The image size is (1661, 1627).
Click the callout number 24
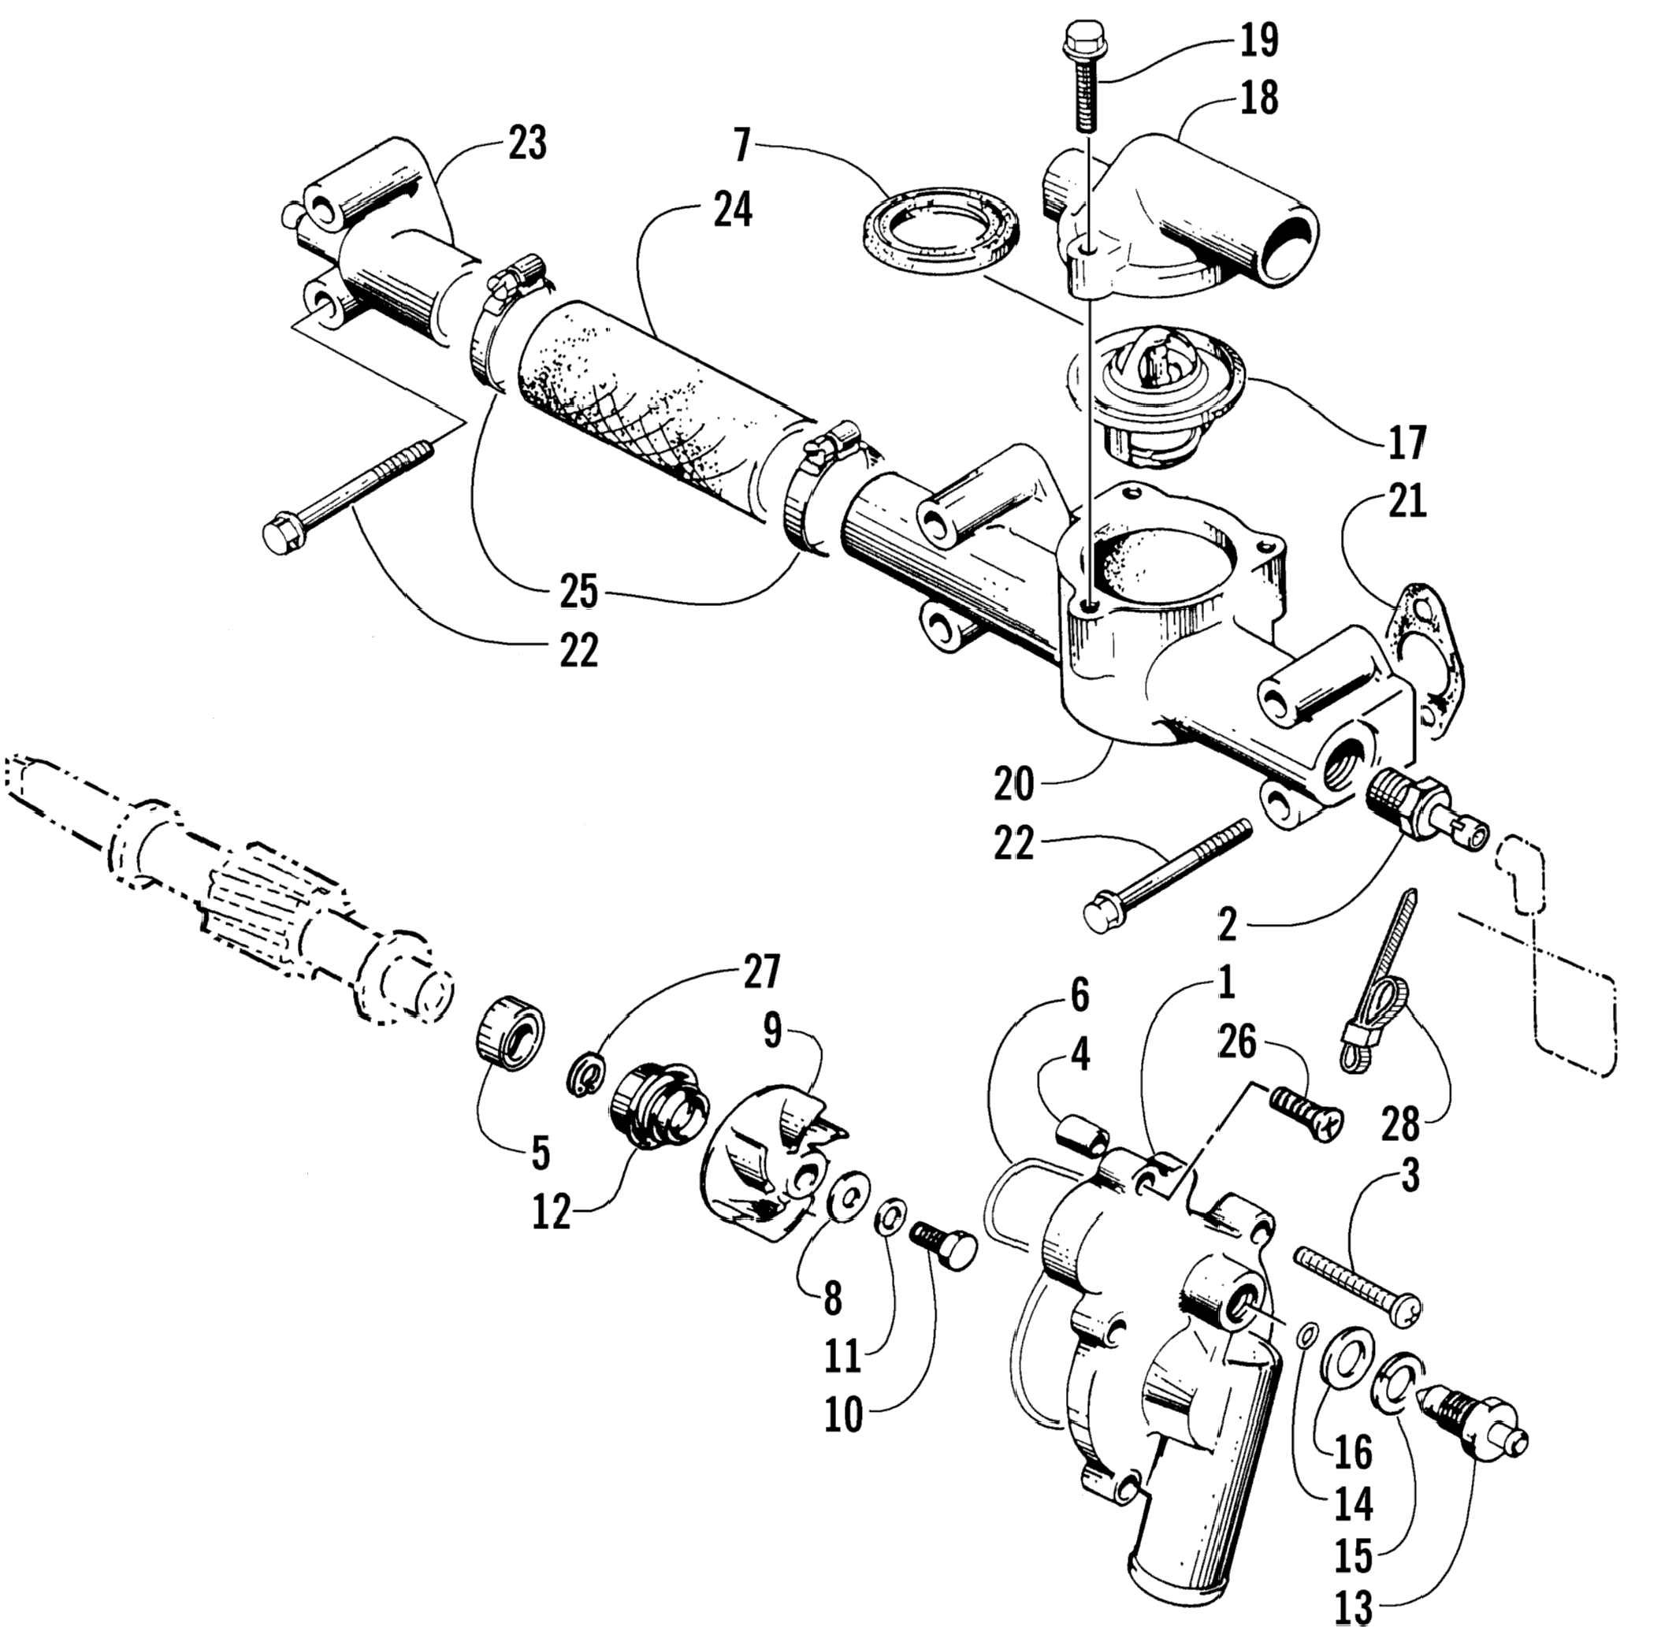732,210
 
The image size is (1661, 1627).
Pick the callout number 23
526,143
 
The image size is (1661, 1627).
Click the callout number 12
551,1211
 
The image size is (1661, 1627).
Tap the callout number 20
1013,784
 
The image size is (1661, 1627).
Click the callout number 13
1353,1607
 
